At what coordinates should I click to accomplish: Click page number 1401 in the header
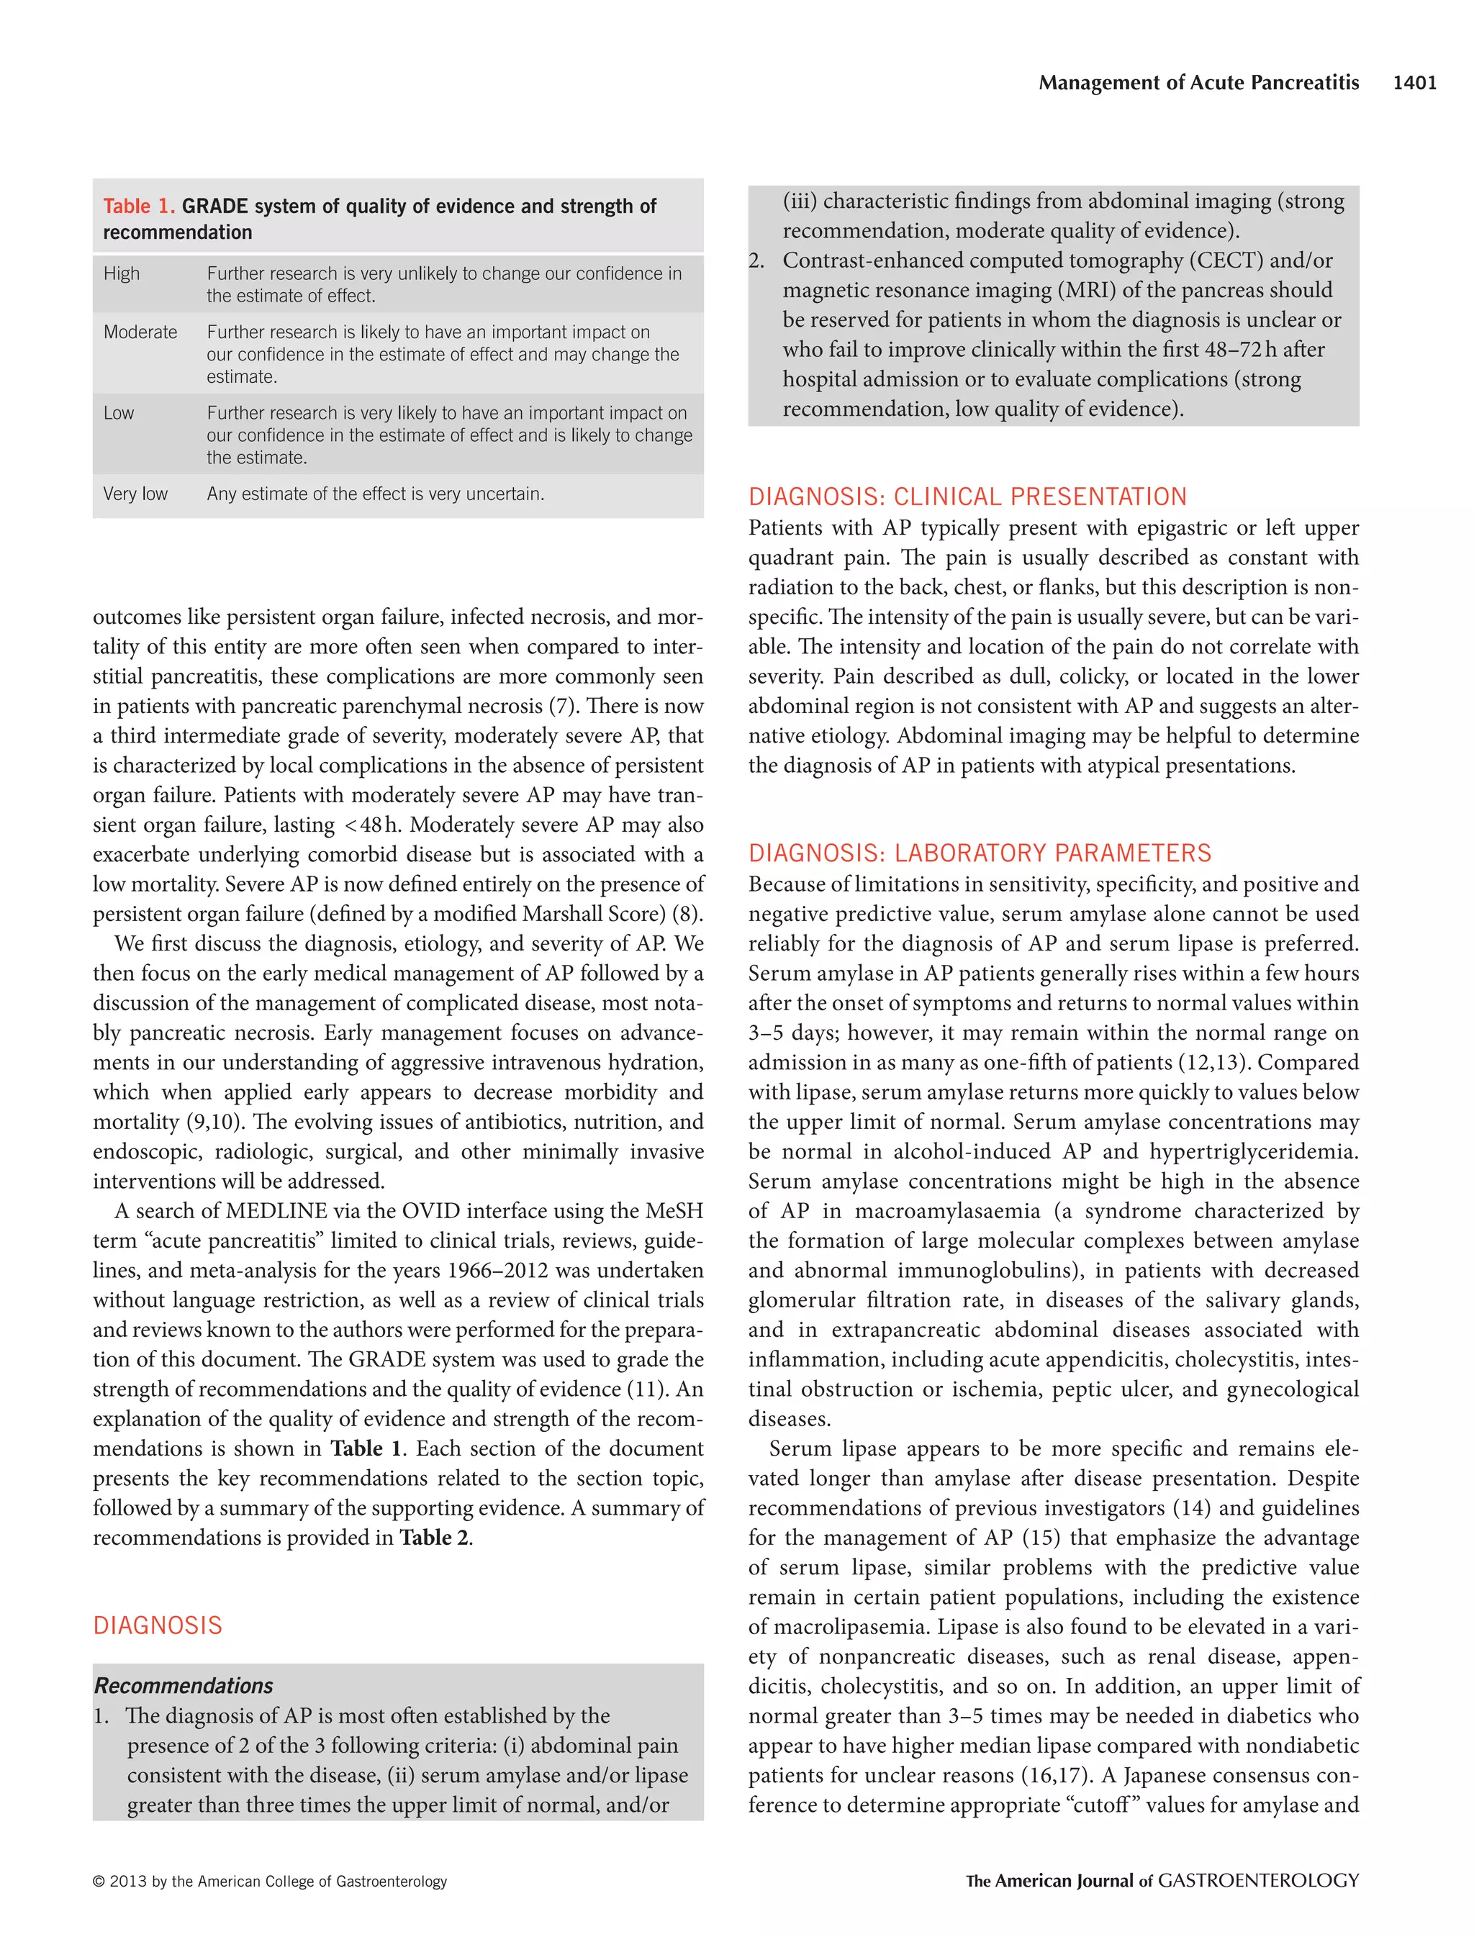coord(1414,83)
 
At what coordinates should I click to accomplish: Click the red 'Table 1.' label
coord(139,207)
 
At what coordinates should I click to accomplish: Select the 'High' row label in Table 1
coord(121,273)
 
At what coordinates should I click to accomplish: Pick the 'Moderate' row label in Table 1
coord(140,332)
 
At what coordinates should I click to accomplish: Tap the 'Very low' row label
coord(135,494)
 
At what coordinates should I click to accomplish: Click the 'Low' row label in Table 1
coord(119,413)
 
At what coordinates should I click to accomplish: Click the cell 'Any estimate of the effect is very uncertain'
coord(375,494)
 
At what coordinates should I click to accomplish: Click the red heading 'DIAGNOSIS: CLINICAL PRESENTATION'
coord(967,496)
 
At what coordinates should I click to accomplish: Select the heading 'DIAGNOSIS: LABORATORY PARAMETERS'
coord(979,853)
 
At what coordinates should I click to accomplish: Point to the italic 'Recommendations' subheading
coord(184,1685)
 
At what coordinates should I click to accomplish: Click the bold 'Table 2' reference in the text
coord(433,1537)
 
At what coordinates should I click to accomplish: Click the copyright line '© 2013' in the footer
coord(269,1881)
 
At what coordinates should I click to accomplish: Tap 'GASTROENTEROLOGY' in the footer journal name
coord(1258,1881)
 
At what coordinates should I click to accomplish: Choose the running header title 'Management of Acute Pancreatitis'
coord(1198,83)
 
